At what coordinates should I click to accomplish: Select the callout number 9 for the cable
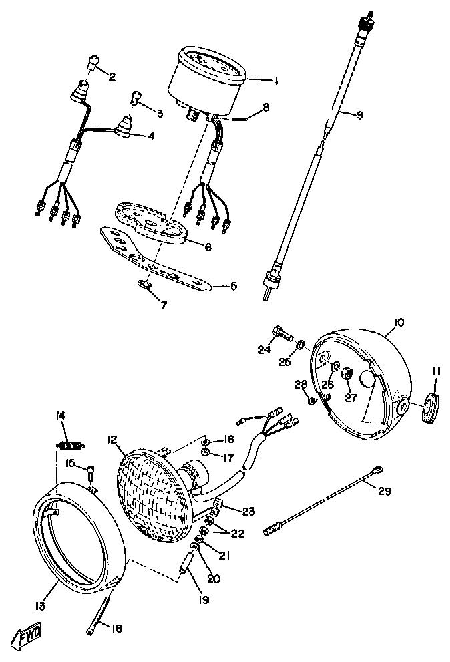coord(359,115)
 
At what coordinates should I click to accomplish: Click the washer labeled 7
coord(145,285)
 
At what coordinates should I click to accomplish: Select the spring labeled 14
coord(69,444)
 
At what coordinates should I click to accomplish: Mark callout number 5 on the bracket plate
coord(233,286)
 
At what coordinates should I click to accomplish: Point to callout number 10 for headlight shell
coord(399,323)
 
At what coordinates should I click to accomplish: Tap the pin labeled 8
coord(236,119)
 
